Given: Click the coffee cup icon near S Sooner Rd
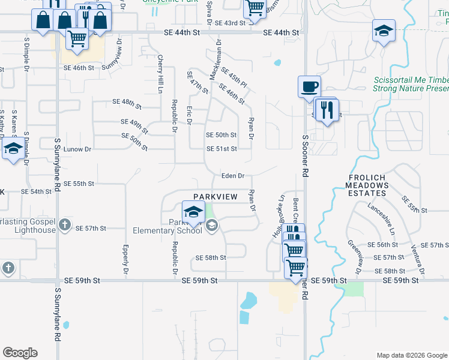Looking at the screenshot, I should tap(309, 86).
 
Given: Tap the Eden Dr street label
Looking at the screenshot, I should tap(232, 176).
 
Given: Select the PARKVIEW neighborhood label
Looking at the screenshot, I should tap(215, 197).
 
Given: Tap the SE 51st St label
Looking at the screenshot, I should tap(221, 149).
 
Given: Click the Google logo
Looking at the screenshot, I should tap(20, 353).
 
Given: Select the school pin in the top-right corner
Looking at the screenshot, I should tap(384, 31).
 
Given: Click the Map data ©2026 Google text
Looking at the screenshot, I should tap(411, 355).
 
